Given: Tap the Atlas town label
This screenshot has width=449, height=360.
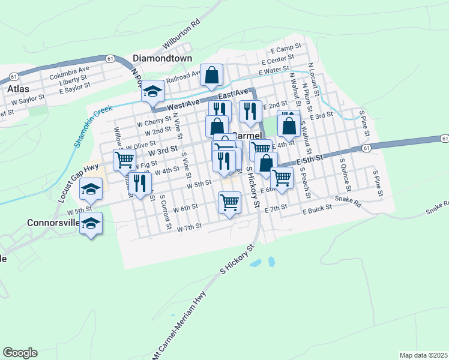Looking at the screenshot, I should [x=18, y=88].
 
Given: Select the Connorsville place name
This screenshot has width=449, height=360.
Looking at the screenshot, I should [x=53, y=223].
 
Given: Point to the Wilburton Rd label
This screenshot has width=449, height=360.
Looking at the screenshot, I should [x=181, y=37].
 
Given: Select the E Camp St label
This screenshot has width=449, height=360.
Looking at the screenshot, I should [x=285, y=49].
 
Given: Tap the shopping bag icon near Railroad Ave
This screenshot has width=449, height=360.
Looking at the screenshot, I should [x=212, y=75].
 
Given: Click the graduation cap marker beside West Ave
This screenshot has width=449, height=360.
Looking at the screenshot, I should [x=152, y=91].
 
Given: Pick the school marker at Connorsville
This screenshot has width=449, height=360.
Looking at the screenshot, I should [x=91, y=224].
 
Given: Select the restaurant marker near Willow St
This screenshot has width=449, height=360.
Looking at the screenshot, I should [x=139, y=184].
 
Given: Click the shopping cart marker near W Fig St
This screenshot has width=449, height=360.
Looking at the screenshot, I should [x=124, y=160].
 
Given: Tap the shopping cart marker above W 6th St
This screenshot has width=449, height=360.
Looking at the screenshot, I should [x=230, y=203].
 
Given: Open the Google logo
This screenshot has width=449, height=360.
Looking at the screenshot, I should [x=20, y=353].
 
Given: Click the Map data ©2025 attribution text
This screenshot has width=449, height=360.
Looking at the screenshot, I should [x=423, y=355].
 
